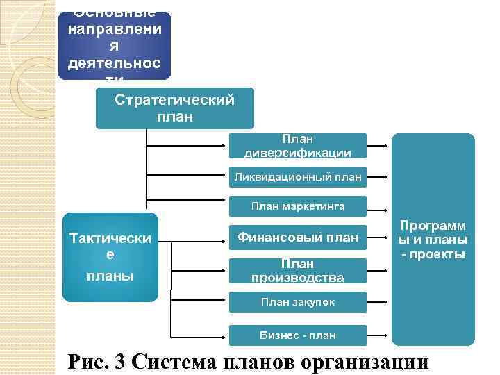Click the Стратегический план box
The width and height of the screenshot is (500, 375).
click(x=174, y=108)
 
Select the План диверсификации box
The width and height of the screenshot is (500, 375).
click(x=298, y=147)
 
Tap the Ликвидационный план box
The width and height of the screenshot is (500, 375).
click(x=298, y=176)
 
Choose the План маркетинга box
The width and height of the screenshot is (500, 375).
click(x=298, y=206)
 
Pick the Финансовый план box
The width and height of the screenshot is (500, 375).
click(x=298, y=237)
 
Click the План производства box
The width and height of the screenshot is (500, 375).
click(x=298, y=271)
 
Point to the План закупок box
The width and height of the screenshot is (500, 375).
click(x=298, y=302)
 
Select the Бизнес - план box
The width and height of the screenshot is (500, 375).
click(x=298, y=335)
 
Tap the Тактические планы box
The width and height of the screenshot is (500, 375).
click(x=110, y=257)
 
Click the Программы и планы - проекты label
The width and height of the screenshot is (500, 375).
click(x=433, y=240)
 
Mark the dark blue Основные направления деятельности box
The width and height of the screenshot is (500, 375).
click(x=114, y=45)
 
